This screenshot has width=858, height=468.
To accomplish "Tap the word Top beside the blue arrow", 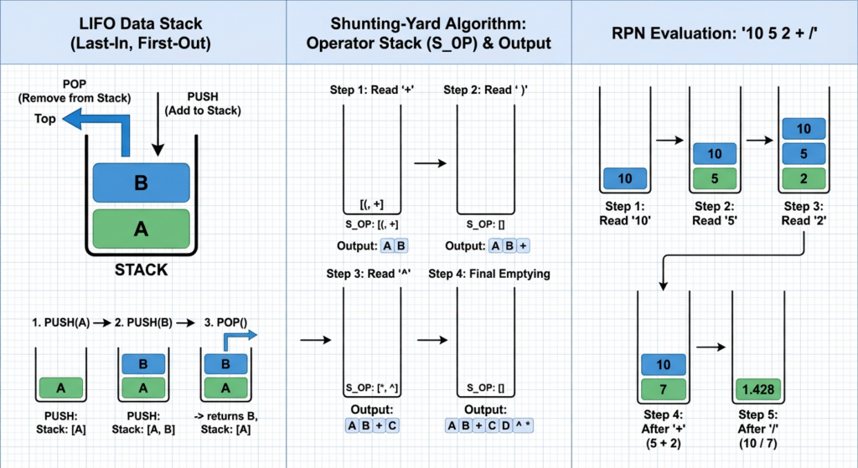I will (45, 119).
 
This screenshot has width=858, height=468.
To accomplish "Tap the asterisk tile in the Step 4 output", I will (529, 425).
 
